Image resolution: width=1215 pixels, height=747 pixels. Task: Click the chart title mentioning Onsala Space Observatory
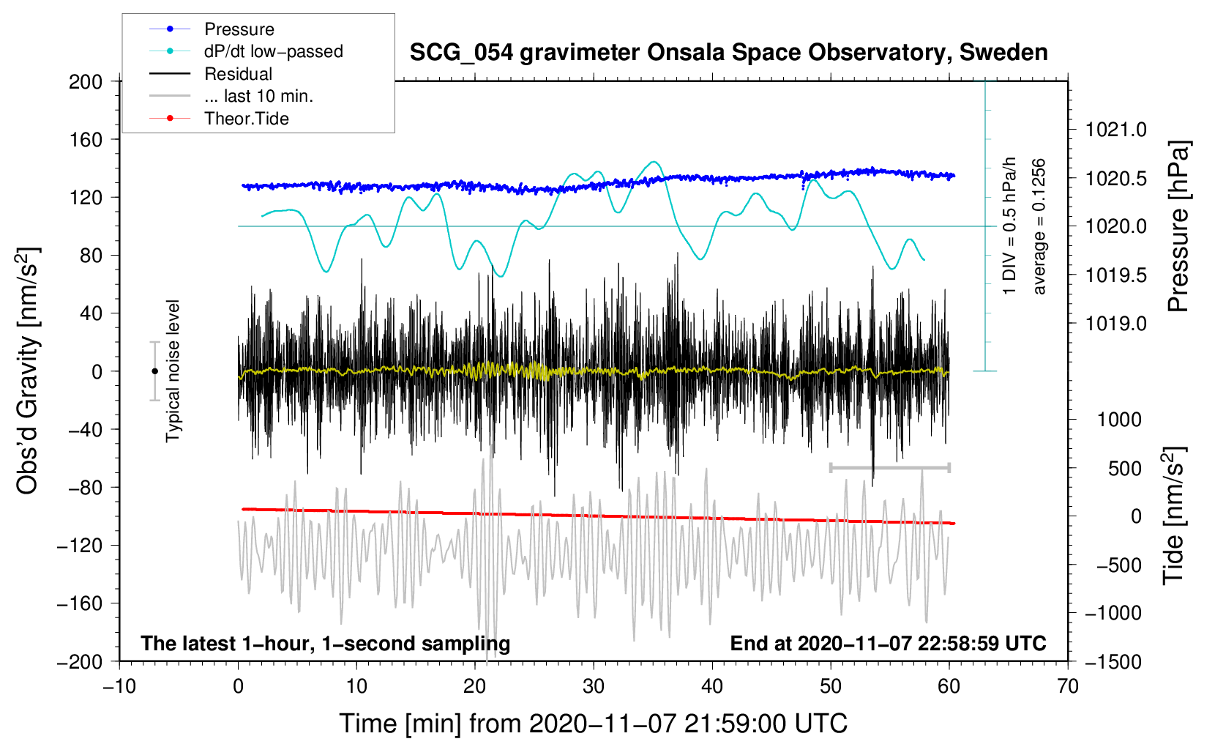728,53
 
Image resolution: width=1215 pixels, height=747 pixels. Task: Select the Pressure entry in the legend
239,29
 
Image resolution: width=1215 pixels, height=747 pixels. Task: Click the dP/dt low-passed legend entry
273,51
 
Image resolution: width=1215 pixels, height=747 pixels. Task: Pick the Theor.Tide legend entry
246,119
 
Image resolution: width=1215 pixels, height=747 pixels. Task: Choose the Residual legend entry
238,74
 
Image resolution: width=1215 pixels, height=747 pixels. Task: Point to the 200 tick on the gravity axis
86,81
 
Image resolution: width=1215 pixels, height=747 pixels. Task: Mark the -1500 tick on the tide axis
1113,661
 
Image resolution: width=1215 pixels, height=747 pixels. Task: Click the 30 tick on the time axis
594,686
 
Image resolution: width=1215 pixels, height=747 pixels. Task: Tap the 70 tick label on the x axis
1068,686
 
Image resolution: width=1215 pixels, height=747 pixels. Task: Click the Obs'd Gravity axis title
27,371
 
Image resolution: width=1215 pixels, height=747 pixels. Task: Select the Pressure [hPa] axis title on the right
1177,226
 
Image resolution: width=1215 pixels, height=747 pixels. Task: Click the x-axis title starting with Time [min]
594,724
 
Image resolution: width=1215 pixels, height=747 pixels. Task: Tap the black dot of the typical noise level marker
154,371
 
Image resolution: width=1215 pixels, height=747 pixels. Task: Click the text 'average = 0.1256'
1039,226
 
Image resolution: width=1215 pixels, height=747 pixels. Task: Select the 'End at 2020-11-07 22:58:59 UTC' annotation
888,643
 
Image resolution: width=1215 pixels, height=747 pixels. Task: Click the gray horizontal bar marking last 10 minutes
890,467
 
